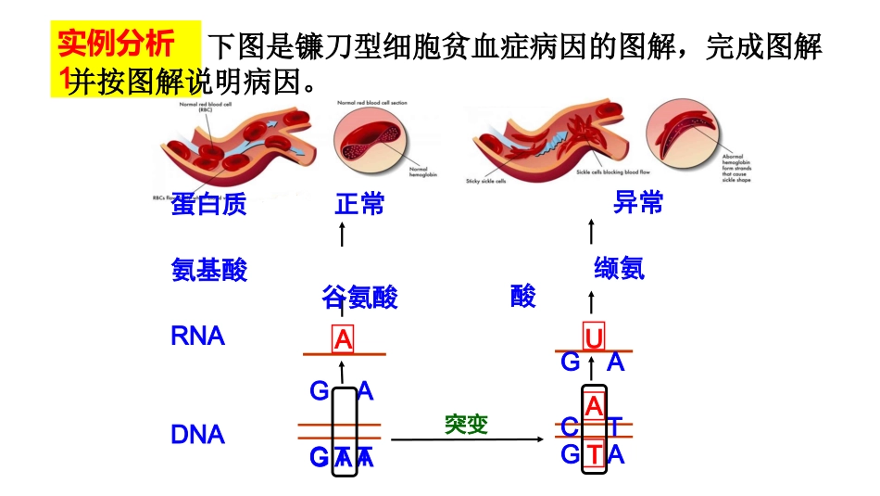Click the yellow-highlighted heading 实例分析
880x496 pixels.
[x=115, y=45]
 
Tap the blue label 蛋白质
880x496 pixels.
[x=208, y=205]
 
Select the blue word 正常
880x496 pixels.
[x=359, y=204]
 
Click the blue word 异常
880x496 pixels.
[x=638, y=203]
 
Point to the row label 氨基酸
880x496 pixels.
[x=209, y=270]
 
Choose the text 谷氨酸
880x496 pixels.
[x=360, y=298]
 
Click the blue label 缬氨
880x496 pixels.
[x=619, y=269]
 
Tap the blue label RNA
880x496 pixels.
[x=198, y=336]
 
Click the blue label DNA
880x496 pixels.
[x=198, y=435]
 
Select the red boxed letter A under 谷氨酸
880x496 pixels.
[x=344, y=340]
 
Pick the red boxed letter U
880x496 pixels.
[x=594, y=337]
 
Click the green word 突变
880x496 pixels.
[x=466, y=424]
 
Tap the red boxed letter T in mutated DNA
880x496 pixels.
[x=594, y=454]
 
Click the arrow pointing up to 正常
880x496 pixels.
[x=343, y=233]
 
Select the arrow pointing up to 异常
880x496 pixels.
[x=592, y=232]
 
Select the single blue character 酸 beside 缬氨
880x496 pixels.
[x=523, y=297]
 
